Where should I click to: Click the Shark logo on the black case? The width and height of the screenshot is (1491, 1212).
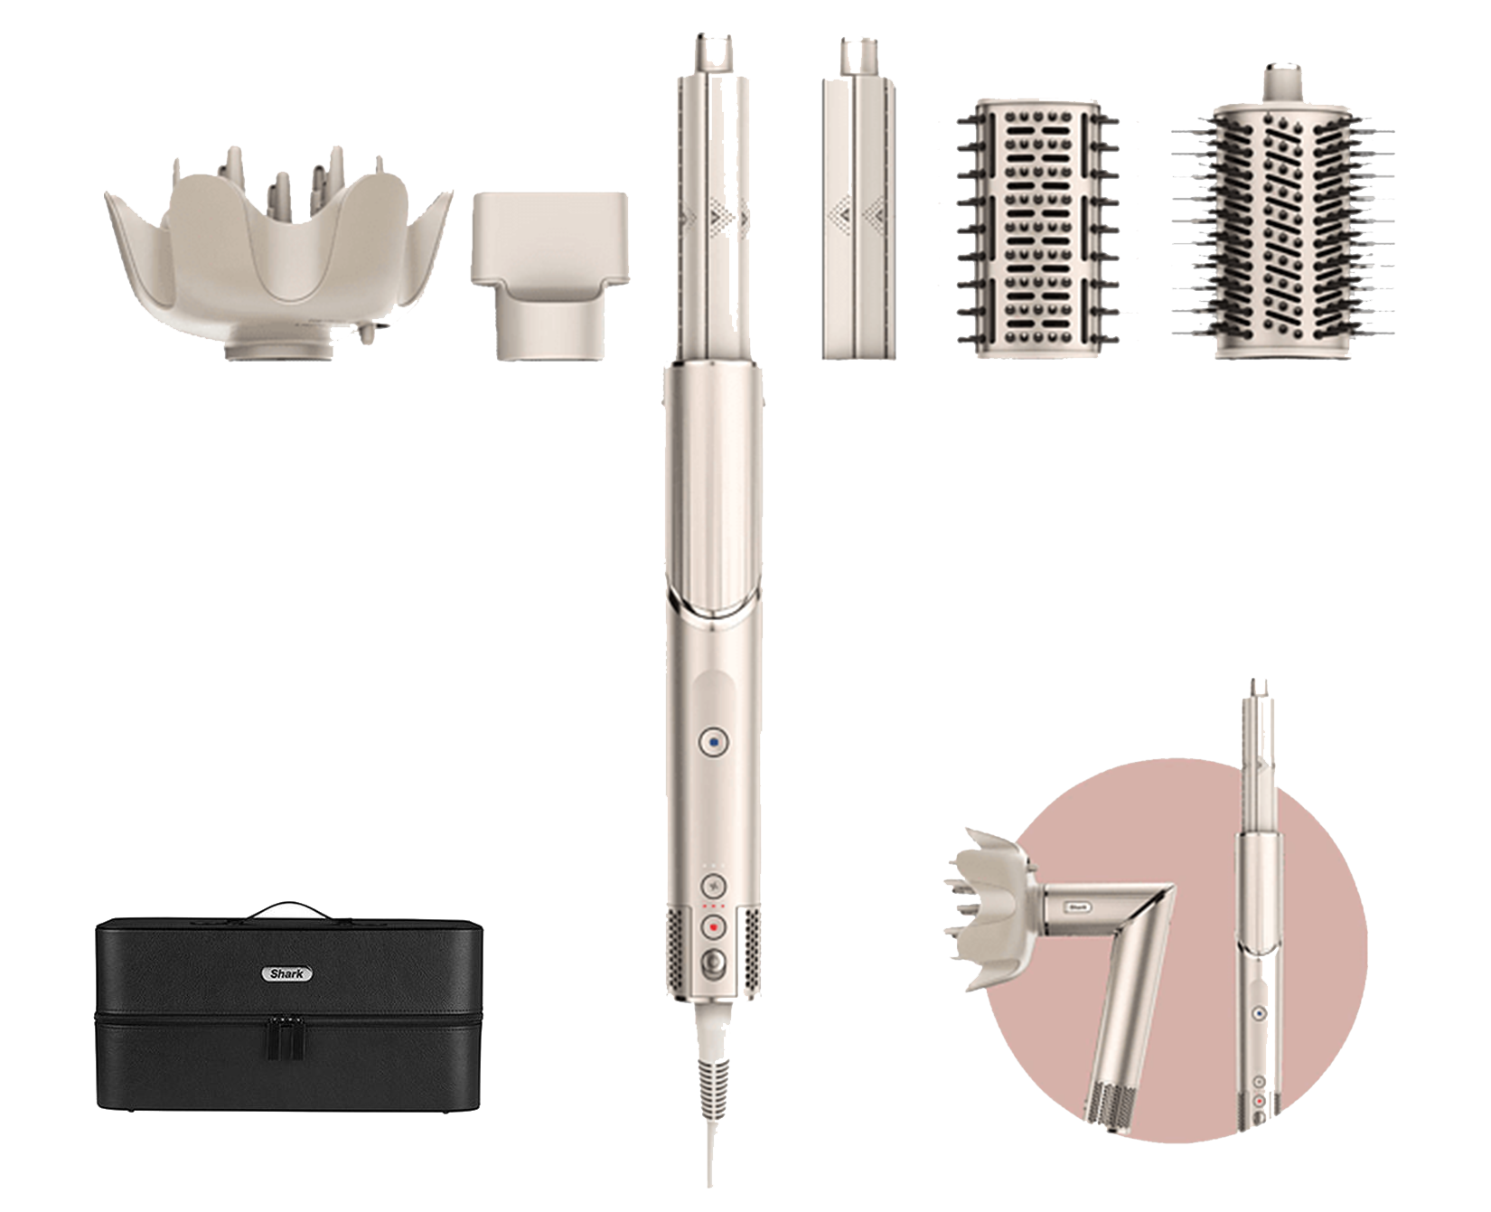coord(287,973)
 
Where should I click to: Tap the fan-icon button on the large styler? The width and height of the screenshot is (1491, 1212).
coord(714,885)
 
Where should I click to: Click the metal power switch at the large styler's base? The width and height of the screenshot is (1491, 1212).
coord(714,961)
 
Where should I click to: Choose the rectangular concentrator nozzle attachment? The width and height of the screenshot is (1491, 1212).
coord(549,276)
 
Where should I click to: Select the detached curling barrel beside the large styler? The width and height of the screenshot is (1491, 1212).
coord(858,199)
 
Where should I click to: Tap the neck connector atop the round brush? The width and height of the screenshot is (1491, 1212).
coord(1282,82)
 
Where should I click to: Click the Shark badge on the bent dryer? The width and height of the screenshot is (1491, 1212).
coord(1078,907)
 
